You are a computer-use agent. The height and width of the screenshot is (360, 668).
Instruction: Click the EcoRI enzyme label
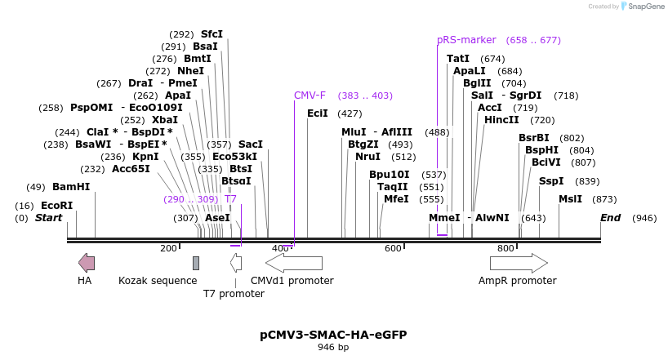coord(56,206)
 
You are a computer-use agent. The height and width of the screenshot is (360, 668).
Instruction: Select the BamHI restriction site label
coord(71,187)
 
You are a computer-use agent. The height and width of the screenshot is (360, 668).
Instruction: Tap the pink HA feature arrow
coord(86,262)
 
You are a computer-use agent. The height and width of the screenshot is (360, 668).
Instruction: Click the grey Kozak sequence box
coord(196,262)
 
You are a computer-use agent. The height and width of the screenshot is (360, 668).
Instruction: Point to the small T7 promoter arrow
coord(236,262)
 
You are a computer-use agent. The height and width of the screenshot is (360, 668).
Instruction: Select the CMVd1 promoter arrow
coord(294,262)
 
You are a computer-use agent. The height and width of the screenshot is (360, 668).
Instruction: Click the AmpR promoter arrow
coord(519,262)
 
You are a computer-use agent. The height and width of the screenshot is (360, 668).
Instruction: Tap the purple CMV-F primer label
coord(310,96)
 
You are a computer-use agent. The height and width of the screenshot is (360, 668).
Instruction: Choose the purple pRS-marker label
coord(466,40)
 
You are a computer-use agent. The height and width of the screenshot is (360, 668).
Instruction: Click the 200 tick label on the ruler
coord(168,248)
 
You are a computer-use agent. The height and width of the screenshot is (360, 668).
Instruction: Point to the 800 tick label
coord(505,248)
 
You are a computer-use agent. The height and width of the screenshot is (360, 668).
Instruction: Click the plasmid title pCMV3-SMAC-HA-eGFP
coord(333,335)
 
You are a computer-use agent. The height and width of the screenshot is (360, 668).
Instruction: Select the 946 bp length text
coord(333,348)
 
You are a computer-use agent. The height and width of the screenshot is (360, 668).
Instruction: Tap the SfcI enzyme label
coord(212,34)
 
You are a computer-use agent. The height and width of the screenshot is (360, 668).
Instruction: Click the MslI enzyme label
coord(570,199)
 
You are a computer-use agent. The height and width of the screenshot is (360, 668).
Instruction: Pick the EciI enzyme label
coord(318,113)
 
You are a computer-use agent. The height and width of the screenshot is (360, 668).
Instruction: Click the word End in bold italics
coord(611,218)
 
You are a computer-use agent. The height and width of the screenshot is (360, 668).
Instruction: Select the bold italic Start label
coord(48,218)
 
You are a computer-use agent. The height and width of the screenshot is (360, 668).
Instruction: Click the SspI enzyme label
coord(551,181)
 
